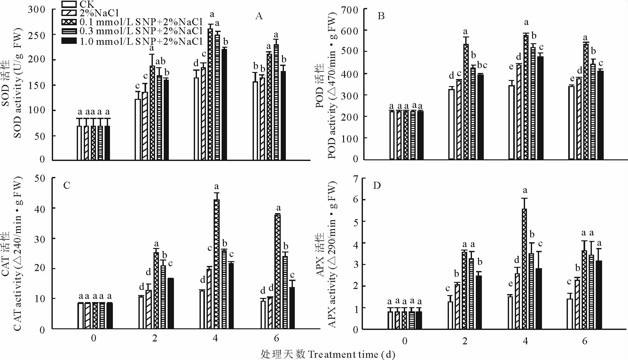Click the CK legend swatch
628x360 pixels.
(69, 4)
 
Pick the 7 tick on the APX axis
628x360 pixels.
(355, 179)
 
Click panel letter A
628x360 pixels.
(259, 16)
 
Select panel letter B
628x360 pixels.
(381, 16)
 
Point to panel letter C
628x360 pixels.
(67, 186)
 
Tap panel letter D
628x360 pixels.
(377, 186)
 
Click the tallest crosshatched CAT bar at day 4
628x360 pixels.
(217, 264)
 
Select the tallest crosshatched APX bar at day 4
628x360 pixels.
(524, 269)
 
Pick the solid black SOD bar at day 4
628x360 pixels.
(224, 104)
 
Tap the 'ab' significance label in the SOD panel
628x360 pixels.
(160, 61)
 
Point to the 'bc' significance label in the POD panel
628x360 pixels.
(482, 65)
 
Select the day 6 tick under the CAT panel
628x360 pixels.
(276, 338)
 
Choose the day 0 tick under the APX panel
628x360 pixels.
(404, 341)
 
